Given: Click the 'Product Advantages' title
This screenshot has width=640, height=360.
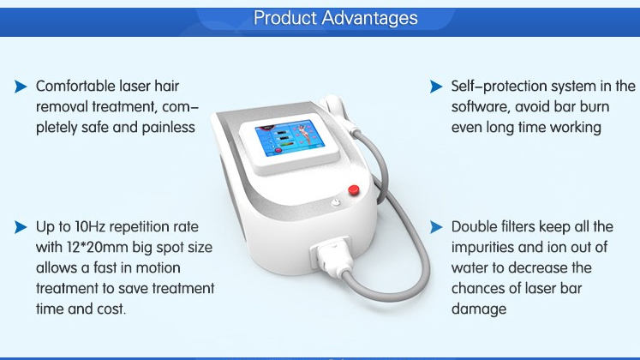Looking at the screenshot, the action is (336, 18).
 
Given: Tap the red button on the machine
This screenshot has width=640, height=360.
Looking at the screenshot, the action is (354, 189).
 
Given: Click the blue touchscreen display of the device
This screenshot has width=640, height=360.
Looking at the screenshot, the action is (290, 140).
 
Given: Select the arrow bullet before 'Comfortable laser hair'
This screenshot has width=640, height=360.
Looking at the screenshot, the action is (21, 87).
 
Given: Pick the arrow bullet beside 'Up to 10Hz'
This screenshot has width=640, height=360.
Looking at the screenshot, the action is (21, 227).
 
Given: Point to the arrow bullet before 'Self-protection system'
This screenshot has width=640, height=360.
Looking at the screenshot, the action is (436, 87).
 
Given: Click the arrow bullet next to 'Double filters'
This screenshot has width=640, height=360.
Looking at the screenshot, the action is (436, 227).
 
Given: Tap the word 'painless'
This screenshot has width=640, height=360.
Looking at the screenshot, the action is (168, 128).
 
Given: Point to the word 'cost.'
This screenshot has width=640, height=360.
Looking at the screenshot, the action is (111, 309).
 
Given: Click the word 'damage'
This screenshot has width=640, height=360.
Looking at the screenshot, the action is (479, 309).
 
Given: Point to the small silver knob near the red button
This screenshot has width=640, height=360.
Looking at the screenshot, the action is (336, 202).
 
